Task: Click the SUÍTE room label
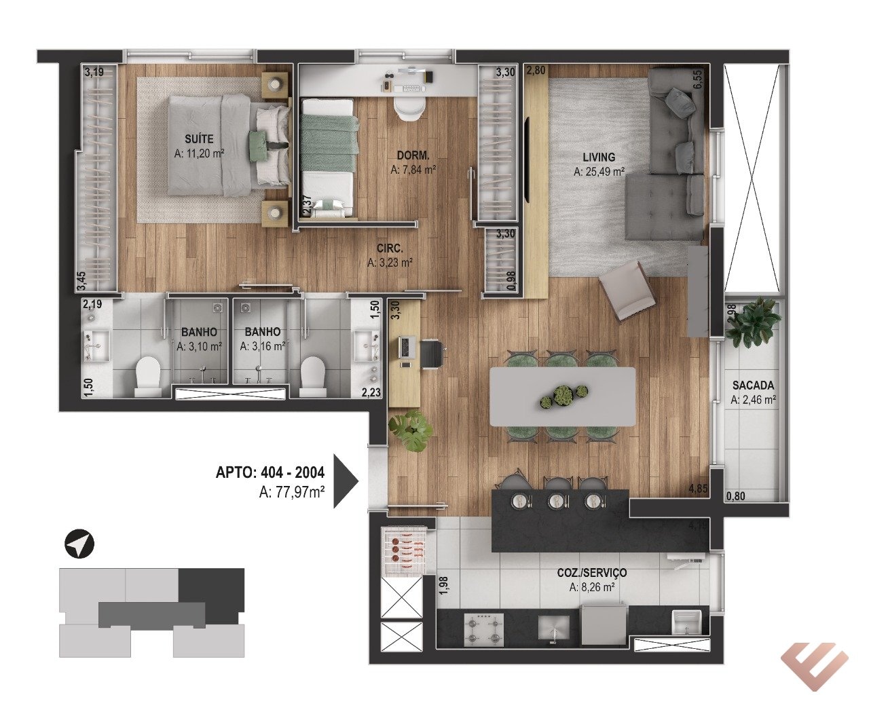[x=199, y=139]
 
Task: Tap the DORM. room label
[x=413, y=155]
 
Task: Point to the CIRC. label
[x=390, y=248]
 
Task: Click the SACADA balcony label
[x=753, y=386]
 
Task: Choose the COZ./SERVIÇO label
[x=592, y=572]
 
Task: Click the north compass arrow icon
[x=79, y=544]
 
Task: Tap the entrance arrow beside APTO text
[x=345, y=481]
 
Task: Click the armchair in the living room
[x=627, y=289]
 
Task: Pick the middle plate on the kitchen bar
[x=555, y=501]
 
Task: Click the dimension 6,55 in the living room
[x=697, y=79]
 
